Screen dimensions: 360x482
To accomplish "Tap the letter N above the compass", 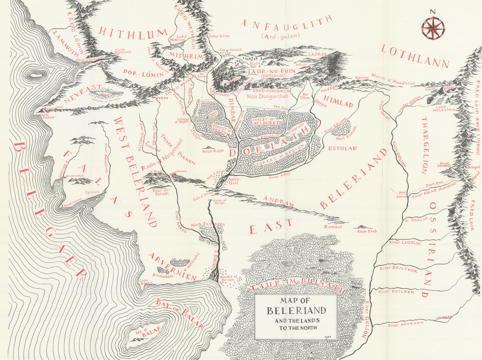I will [433, 12].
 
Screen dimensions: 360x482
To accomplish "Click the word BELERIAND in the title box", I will [296, 311].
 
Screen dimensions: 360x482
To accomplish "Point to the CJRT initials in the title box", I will [328, 337].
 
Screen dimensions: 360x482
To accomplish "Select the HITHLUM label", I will [133, 33].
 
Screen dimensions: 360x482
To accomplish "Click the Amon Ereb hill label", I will [367, 231].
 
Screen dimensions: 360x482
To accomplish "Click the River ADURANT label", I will [405, 324].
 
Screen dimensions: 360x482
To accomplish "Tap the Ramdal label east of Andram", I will [333, 226].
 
